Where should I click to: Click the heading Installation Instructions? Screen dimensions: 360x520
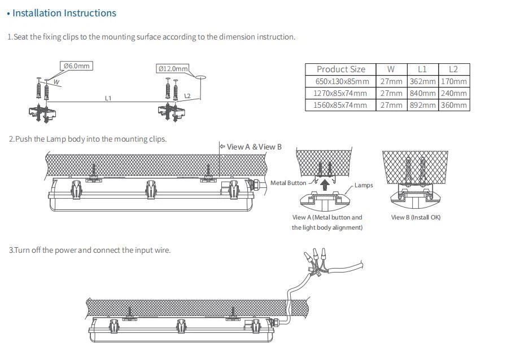click(x=64, y=13)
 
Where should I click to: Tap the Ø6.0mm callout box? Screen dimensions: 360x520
click(x=76, y=66)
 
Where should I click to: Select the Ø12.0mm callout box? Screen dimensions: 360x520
click(x=172, y=69)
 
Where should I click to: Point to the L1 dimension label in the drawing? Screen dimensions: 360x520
click(x=108, y=98)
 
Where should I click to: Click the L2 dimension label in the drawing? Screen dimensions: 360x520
click(x=187, y=96)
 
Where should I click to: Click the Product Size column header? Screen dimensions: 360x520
click(x=340, y=69)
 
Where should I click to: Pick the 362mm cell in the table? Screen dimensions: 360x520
click(x=422, y=81)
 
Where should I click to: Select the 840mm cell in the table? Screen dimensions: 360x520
click(x=422, y=93)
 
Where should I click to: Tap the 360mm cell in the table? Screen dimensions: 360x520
click(x=453, y=105)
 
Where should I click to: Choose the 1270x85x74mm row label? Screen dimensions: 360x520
click(x=340, y=93)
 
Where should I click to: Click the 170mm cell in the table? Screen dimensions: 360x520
click(x=453, y=81)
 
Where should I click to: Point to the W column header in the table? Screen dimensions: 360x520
click(x=391, y=69)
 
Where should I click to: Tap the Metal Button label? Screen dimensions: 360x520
click(x=288, y=183)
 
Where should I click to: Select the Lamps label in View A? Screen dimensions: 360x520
click(x=364, y=185)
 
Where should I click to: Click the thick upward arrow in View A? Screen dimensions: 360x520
click(x=325, y=184)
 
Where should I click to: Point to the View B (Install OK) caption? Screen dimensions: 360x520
click(x=416, y=217)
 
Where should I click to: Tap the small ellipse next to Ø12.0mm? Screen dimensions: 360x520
click(x=202, y=76)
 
